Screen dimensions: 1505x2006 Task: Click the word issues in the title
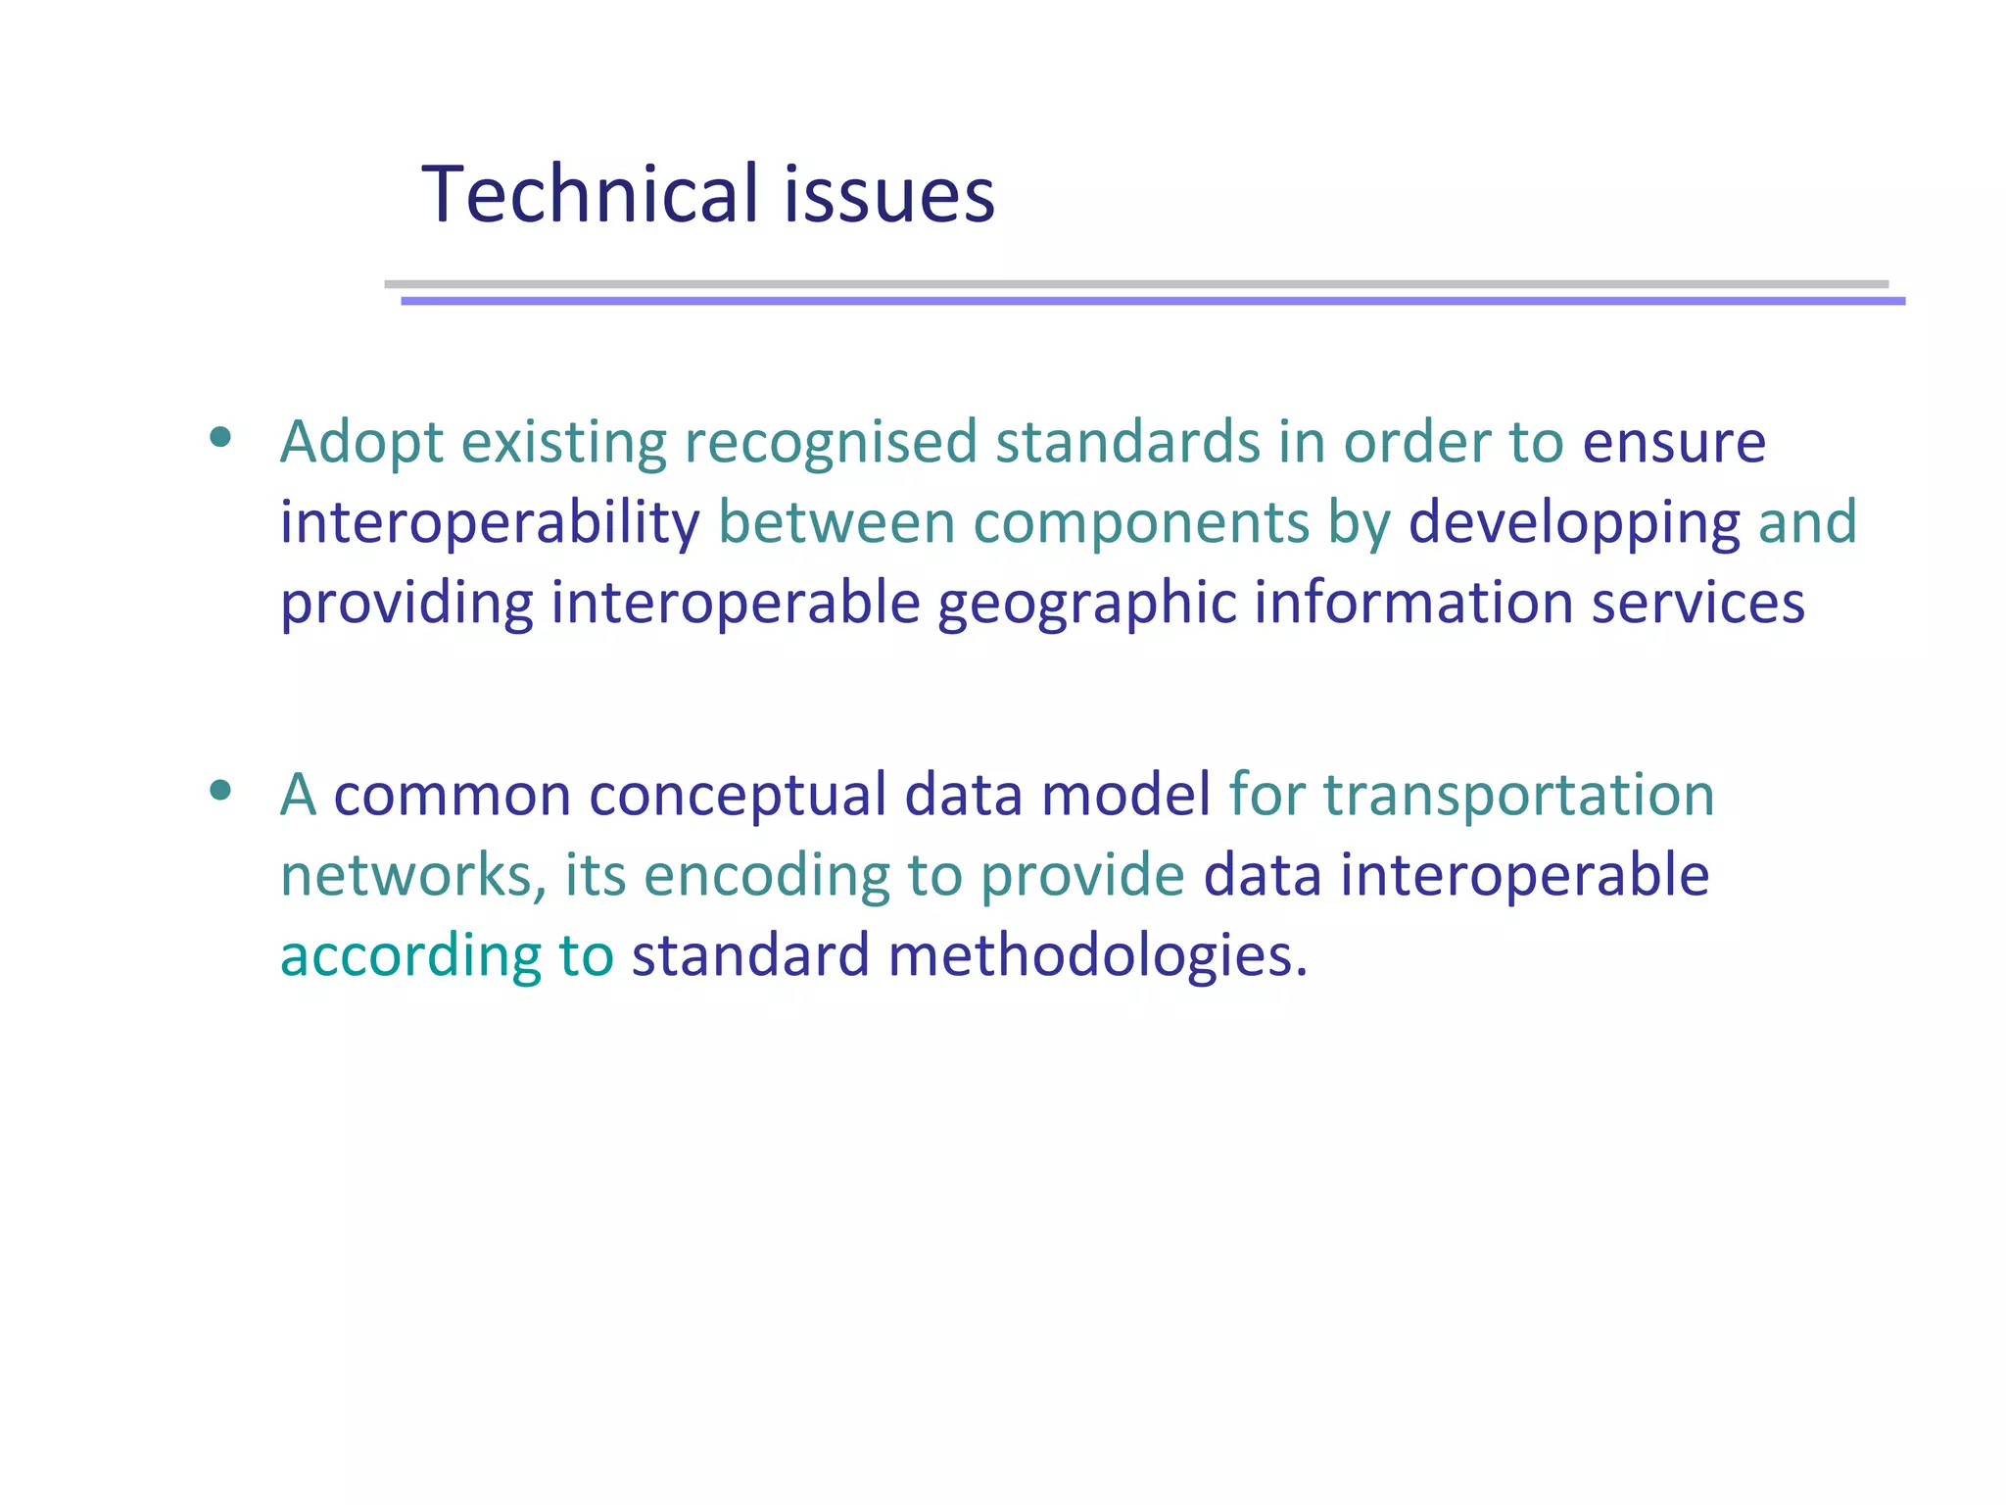click(888, 194)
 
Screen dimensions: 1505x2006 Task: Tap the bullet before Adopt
click(220, 437)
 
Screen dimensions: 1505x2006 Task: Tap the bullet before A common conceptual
click(220, 790)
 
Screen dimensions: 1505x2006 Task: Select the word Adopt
click(361, 443)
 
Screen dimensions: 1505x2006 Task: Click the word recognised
click(831, 443)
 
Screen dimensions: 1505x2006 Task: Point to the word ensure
click(1674, 443)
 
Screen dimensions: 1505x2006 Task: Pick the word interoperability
click(490, 523)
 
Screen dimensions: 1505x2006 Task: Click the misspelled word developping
click(1574, 523)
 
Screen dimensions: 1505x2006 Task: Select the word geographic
click(1087, 604)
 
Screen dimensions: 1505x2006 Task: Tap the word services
click(1697, 604)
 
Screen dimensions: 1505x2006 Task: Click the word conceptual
click(738, 796)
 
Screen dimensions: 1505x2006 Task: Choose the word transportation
click(1519, 796)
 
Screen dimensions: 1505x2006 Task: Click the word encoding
click(766, 875)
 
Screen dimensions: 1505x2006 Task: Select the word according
click(410, 956)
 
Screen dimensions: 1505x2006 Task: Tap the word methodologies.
click(1097, 956)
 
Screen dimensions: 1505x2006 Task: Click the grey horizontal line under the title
click(1136, 284)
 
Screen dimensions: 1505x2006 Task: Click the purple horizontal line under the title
click(1153, 301)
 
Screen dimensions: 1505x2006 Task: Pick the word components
click(1141, 523)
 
